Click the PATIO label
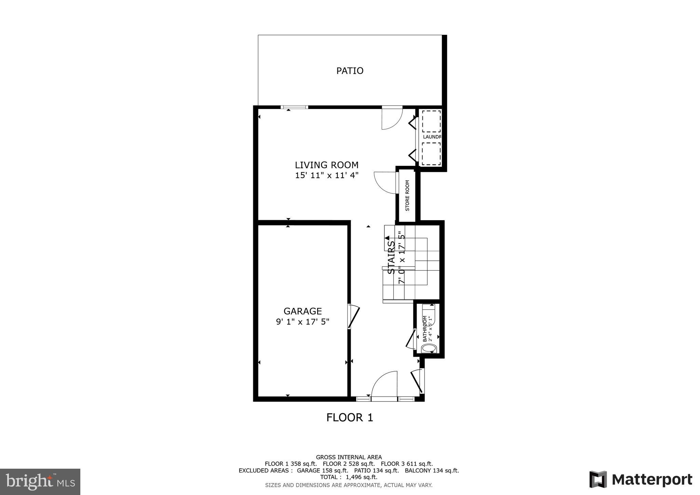coord(350,71)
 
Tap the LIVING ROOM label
coord(327,165)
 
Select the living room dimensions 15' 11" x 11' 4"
coord(327,176)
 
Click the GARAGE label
coord(302,311)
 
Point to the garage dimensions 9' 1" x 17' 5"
coord(302,322)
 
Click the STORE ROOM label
coord(407,196)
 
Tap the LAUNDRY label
coord(432,137)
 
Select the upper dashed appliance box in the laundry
coord(431,121)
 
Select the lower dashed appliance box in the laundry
coord(431,154)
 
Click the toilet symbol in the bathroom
coord(429,349)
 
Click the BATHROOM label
coord(425,329)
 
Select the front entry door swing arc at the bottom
coord(385,384)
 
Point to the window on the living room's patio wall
coord(294,107)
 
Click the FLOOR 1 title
coord(350,417)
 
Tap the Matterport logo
coord(641,480)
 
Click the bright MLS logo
coord(40,482)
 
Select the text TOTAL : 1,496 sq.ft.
coord(349,477)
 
